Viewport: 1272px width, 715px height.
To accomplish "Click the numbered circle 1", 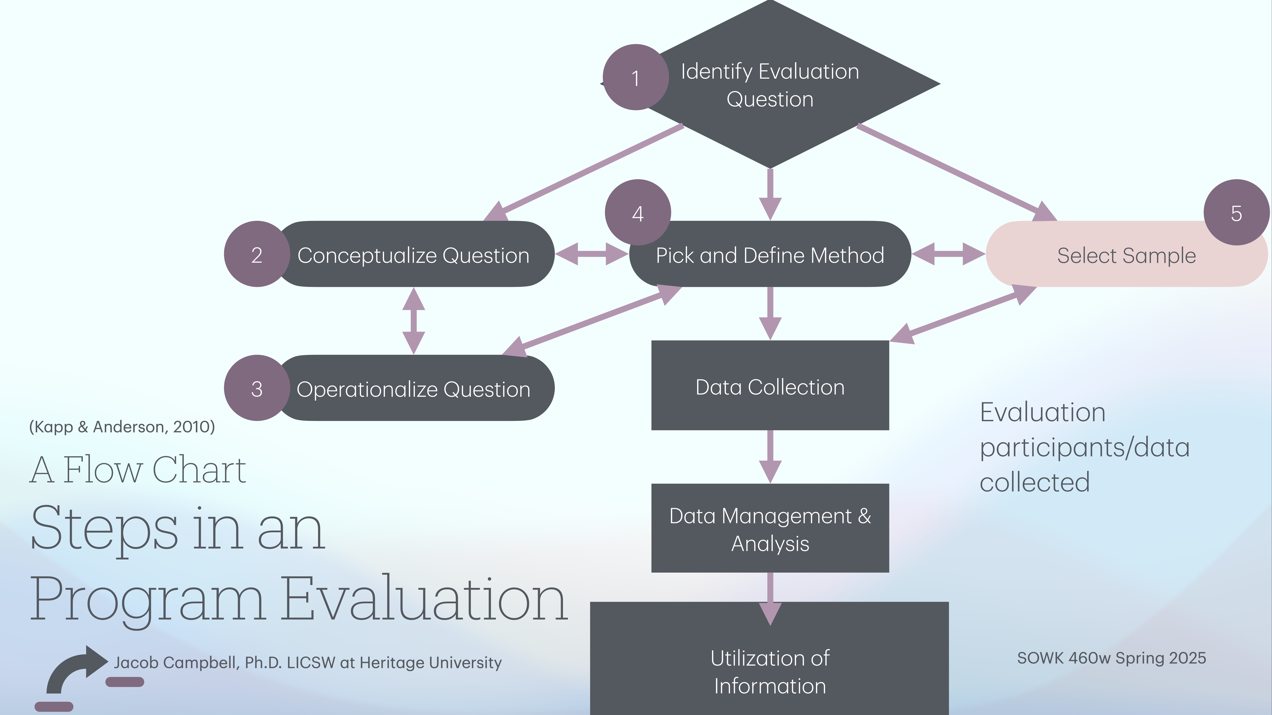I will point(635,78).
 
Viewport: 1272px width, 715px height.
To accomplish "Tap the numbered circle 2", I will point(257,254).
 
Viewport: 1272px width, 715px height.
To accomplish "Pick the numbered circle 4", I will point(638,213).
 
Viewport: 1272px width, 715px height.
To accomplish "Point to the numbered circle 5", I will point(1236,213).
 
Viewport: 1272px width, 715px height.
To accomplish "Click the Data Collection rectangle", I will point(770,386).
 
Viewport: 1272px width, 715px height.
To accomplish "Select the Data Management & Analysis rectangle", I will point(770,528).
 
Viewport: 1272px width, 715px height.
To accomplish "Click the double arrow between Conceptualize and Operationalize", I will point(414,321).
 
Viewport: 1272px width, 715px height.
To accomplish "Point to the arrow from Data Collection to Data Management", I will point(770,456).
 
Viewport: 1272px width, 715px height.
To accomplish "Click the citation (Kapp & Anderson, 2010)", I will point(122,427).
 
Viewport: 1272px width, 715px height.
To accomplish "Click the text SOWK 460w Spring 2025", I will point(1112,658).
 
